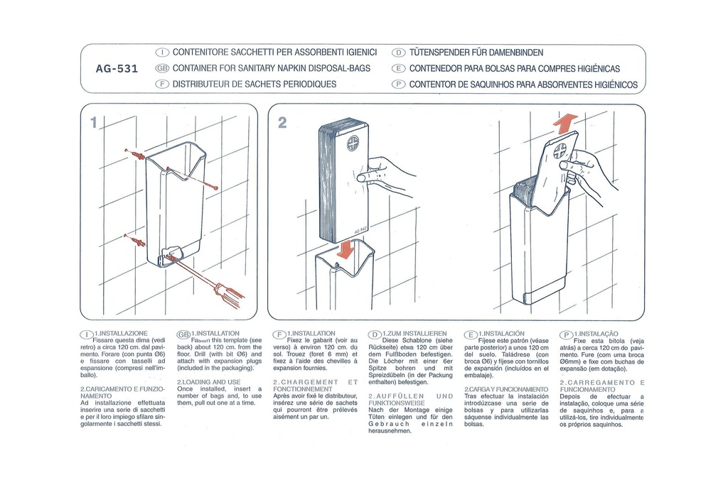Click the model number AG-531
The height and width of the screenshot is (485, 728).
tap(117, 69)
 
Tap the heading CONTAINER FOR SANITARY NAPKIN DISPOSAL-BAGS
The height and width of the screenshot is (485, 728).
tap(271, 69)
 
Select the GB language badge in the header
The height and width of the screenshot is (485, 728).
tap(161, 69)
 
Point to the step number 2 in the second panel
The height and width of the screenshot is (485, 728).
tap(282, 123)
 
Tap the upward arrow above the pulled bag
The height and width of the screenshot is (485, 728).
tap(565, 124)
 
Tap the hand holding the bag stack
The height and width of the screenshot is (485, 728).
tap(384, 175)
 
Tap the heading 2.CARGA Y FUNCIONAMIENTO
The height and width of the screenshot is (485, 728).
tap(505, 390)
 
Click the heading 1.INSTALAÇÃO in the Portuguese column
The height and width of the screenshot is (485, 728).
tap(597, 333)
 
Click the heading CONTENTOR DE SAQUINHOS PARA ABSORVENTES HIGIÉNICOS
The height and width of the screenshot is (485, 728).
tap(523, 85)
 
